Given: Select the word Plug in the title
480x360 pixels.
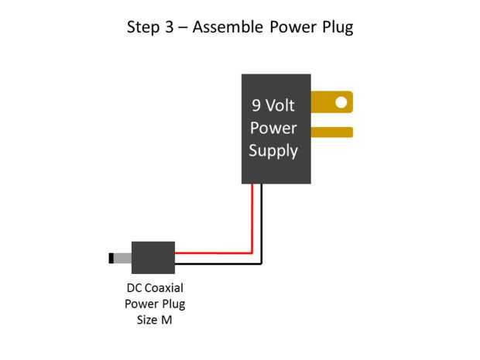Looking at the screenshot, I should (x=335, y=29).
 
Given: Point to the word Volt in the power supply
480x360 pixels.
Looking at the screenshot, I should (x=283, y=105).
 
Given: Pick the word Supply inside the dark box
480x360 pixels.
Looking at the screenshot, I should (x=273, y=150).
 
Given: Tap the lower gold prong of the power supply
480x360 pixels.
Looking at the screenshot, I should (x=332, y=132).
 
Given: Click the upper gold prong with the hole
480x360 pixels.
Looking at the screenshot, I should (x=325, y=101).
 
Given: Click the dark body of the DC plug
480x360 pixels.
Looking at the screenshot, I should (x=153, y=257).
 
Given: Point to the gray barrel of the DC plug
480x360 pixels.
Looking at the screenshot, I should (x=125, y=257).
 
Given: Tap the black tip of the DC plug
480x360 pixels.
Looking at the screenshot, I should (x=113, y=257).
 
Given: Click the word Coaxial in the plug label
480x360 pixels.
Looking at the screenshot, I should (x=163, y=287).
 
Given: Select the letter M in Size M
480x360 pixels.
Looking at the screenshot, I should (x=166, y=319).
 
